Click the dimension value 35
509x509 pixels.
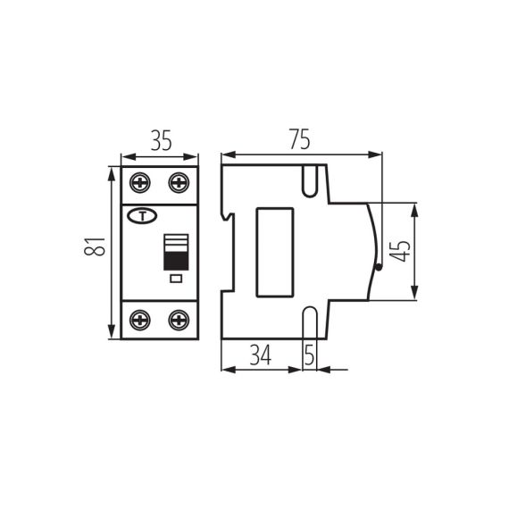click(x=160, y=140)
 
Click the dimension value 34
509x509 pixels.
click(x=260, y=355)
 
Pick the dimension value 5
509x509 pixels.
click(x=309, y=355)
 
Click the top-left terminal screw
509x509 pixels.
click(x=140, y=182)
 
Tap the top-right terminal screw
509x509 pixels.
click(x=179, y=182)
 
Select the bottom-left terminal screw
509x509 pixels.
click(x=140, y=319)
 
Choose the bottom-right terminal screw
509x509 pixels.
click(x=179, y=319)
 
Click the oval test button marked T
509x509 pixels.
click(x=142, y=215)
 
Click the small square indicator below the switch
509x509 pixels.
click(x=175, y=280)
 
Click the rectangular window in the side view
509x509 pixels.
click(x=275, y=252)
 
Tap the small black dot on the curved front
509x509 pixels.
click(x=380, y=265)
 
